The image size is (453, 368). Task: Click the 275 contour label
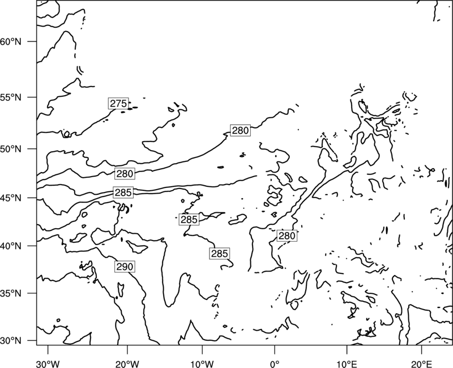[x=118, y=104]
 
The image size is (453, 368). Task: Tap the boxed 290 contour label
[x=125, y=267]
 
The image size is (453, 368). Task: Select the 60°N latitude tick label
[x=11, y=42]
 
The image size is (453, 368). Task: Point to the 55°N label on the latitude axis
[x=11, y=97]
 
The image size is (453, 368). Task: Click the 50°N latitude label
[x=11, y=149]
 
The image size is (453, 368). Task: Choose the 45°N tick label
[x=11, y=198]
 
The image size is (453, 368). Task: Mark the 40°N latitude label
[x=11, y=246]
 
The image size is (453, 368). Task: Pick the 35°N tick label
[x=11, y=293]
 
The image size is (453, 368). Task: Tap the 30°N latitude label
[x=11, y=341]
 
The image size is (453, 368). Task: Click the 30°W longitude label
[x=48, y=364]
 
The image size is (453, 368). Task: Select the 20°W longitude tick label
[x=127, y=364]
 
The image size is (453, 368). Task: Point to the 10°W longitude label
[x=202, y=364]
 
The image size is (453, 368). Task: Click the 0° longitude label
[x=275, y=364]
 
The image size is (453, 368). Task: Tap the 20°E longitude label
[x=421, y=364]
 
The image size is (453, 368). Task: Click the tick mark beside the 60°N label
[x=32, y=41]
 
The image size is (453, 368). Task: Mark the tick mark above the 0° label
[x=275, y=349]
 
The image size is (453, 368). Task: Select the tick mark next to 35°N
[x=32, y=293]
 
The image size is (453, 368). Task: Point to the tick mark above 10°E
[x=347, y=349]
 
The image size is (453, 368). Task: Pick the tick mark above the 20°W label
[x=127, y=349]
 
